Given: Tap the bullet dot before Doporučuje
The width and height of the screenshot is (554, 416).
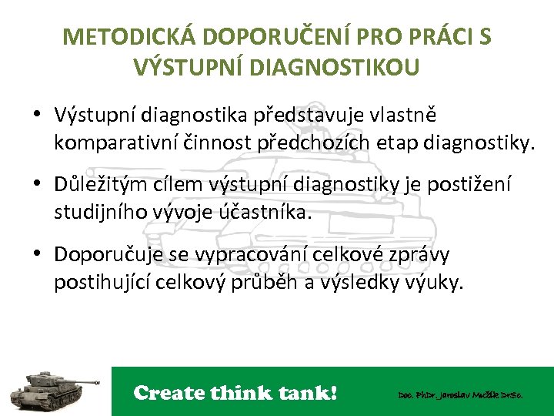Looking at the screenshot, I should click(37, 255).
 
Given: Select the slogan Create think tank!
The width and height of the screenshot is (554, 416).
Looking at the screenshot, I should click(235, 393).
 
